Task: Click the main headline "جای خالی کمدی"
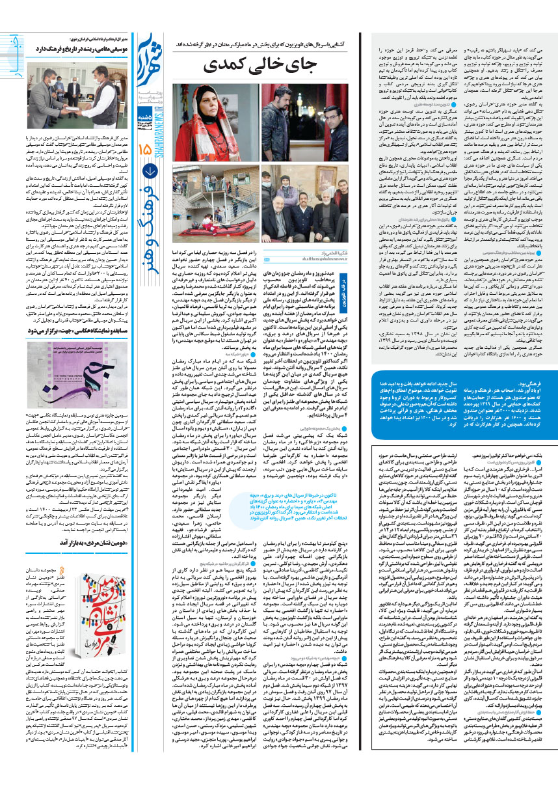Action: [x=243, y=65]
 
